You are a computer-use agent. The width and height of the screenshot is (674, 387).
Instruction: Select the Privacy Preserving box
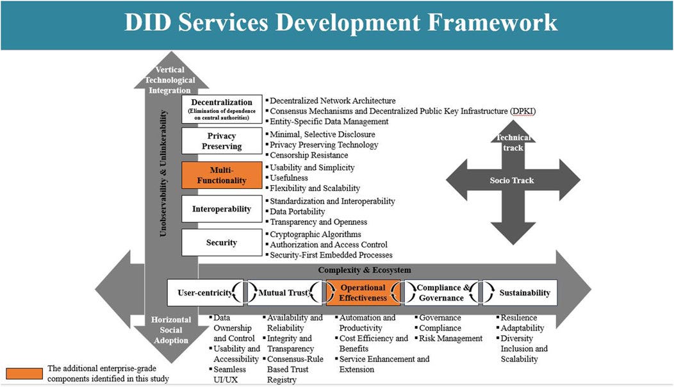coord(222,141)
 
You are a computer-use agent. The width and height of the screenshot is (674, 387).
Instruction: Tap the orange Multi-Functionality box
coord(222,174)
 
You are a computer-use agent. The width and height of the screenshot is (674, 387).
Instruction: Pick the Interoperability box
coord(222,209)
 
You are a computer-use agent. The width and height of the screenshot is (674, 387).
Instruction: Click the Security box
coord(222,242)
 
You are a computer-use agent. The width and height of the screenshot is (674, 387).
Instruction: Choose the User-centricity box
coord(204,293)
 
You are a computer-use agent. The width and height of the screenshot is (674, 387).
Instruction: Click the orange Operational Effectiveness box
coord(363,292)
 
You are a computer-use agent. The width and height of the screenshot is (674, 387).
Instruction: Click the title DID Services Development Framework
coord(340,23)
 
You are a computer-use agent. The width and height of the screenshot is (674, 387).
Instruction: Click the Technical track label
coord(513,142)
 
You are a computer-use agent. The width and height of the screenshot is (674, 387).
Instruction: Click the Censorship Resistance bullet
coord(309,155)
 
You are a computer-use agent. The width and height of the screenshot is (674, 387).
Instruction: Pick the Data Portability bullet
coord(297,211)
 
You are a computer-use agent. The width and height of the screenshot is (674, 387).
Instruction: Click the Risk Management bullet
coord(450,338)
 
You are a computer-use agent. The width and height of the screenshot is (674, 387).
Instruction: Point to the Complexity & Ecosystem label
coord(365,270)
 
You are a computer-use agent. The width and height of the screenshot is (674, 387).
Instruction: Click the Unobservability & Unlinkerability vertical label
coord(164,174)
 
